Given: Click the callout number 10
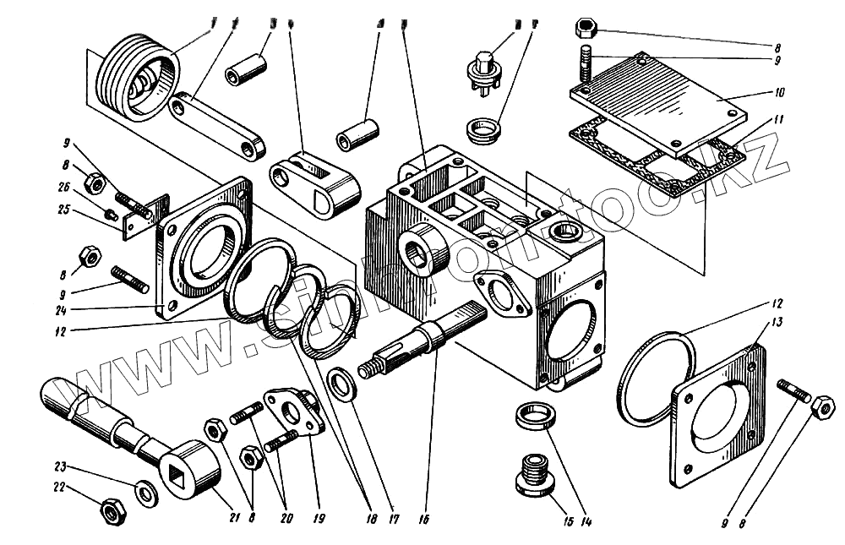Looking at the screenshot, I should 778,91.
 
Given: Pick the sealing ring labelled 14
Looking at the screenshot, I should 533,417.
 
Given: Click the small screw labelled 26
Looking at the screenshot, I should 112,213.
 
